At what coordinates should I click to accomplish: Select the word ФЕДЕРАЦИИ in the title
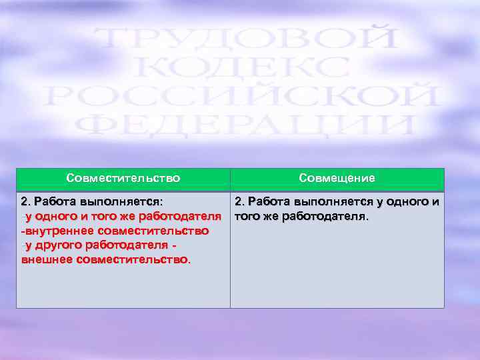[x=244, y=126]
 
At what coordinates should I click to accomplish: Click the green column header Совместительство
[x=123, y=179]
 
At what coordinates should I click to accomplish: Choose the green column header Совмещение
[x=337, y=179]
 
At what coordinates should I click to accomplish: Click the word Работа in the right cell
[x=269, y=201]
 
